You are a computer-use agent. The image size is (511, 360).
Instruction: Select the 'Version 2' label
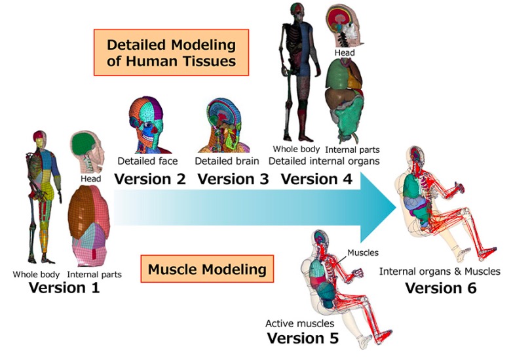(150, 178)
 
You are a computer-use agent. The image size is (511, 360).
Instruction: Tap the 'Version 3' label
(233, 178)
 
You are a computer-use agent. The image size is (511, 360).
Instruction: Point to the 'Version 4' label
(316, 178)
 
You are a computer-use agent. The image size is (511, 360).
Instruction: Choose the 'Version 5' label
(303, 338)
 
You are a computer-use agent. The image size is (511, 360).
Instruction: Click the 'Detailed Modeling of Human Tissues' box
(171, 54)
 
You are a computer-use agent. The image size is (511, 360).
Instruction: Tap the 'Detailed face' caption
(147, 161)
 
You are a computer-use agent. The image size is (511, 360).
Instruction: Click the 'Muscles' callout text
(363, 252)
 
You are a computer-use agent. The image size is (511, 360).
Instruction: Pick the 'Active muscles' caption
(299, 323)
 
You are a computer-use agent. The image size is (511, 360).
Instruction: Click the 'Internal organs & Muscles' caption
(440, 271)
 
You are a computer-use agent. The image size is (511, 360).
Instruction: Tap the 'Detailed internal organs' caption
(324, 161)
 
